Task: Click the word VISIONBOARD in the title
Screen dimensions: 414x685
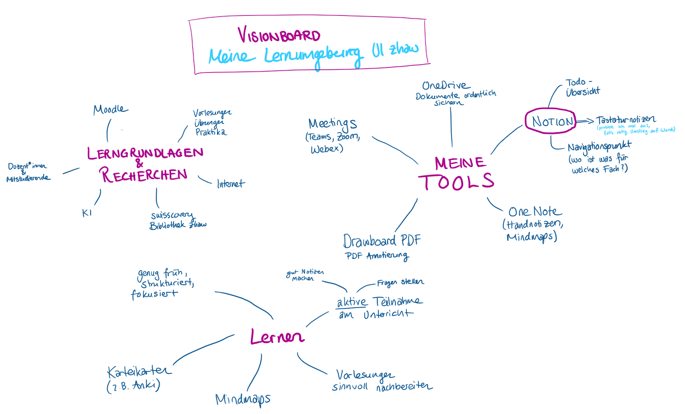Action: tap(279, 36)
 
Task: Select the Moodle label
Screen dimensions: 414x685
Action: tap(110, 109)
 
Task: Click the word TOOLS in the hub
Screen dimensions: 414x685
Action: tap(456, 182)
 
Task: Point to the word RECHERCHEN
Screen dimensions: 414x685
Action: tap(144, 175)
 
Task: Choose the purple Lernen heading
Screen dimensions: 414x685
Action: tap(277, 337)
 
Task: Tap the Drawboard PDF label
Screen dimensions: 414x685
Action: tap(382, 241)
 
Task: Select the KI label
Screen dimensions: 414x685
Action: tap(86, 213)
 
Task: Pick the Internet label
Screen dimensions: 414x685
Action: tap(231, 184)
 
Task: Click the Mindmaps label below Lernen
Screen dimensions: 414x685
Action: tap(243, 399)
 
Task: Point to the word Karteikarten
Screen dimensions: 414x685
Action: tap(140, 371)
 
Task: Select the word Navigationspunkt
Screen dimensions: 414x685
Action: tap(599, 147)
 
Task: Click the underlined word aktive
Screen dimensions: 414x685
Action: tap(351, 303)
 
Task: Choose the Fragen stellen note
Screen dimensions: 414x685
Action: tap(400, 282)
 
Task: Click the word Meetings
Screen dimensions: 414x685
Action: tap(332, 123)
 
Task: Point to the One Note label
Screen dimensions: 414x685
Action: tap(535, 212)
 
